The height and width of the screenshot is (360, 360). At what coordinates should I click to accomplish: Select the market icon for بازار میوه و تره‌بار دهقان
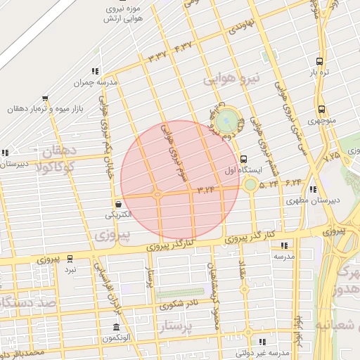click(46, 98)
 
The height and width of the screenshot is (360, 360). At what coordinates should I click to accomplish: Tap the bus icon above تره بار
click(320, 61)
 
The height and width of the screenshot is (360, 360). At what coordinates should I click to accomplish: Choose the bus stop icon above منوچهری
click(321, 109)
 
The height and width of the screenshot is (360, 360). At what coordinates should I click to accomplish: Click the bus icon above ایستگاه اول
click(243, 159)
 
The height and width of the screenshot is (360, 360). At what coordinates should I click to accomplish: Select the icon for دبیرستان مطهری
click(312, 189)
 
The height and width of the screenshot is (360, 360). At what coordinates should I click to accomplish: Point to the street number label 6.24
click(293, 183)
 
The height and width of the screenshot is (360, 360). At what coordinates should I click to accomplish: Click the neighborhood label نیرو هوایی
click(231, 78)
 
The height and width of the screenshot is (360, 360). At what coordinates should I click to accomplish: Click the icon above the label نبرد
click(70, 259)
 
